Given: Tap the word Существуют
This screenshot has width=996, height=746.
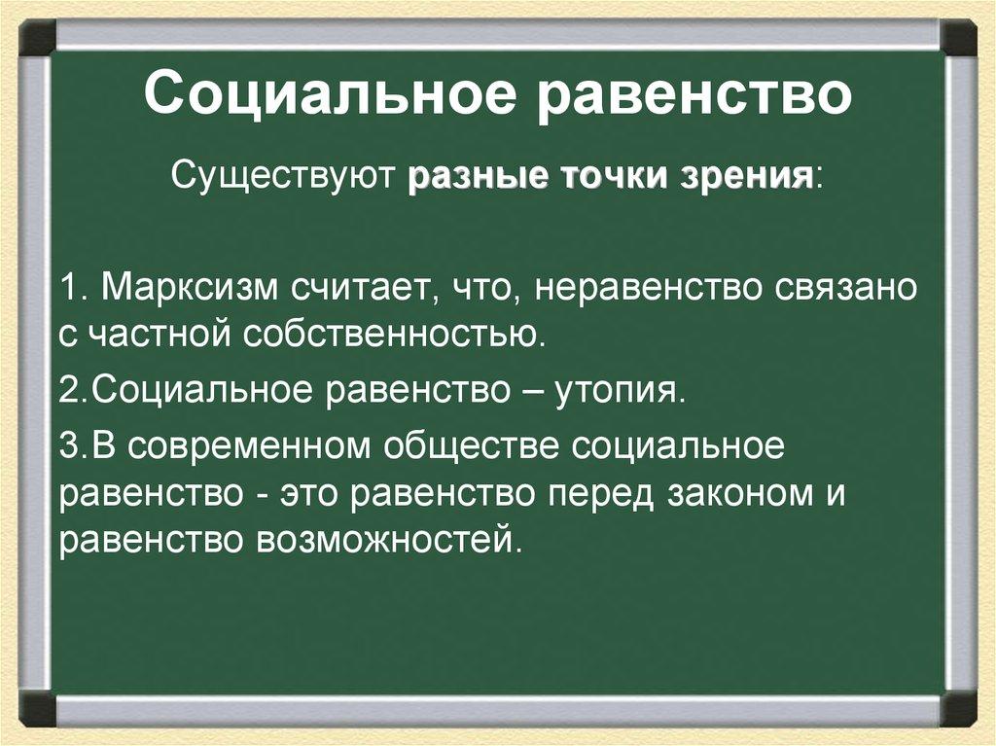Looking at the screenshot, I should (x=282, y=179).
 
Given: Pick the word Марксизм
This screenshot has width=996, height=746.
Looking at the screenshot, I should (x=191, y=289).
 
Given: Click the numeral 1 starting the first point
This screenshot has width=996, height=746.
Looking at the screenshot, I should (x=67, y=289).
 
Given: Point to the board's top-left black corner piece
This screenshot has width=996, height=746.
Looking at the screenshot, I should (x=36, y=38).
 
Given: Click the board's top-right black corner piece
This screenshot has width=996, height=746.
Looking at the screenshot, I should (x=959, y=38).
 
